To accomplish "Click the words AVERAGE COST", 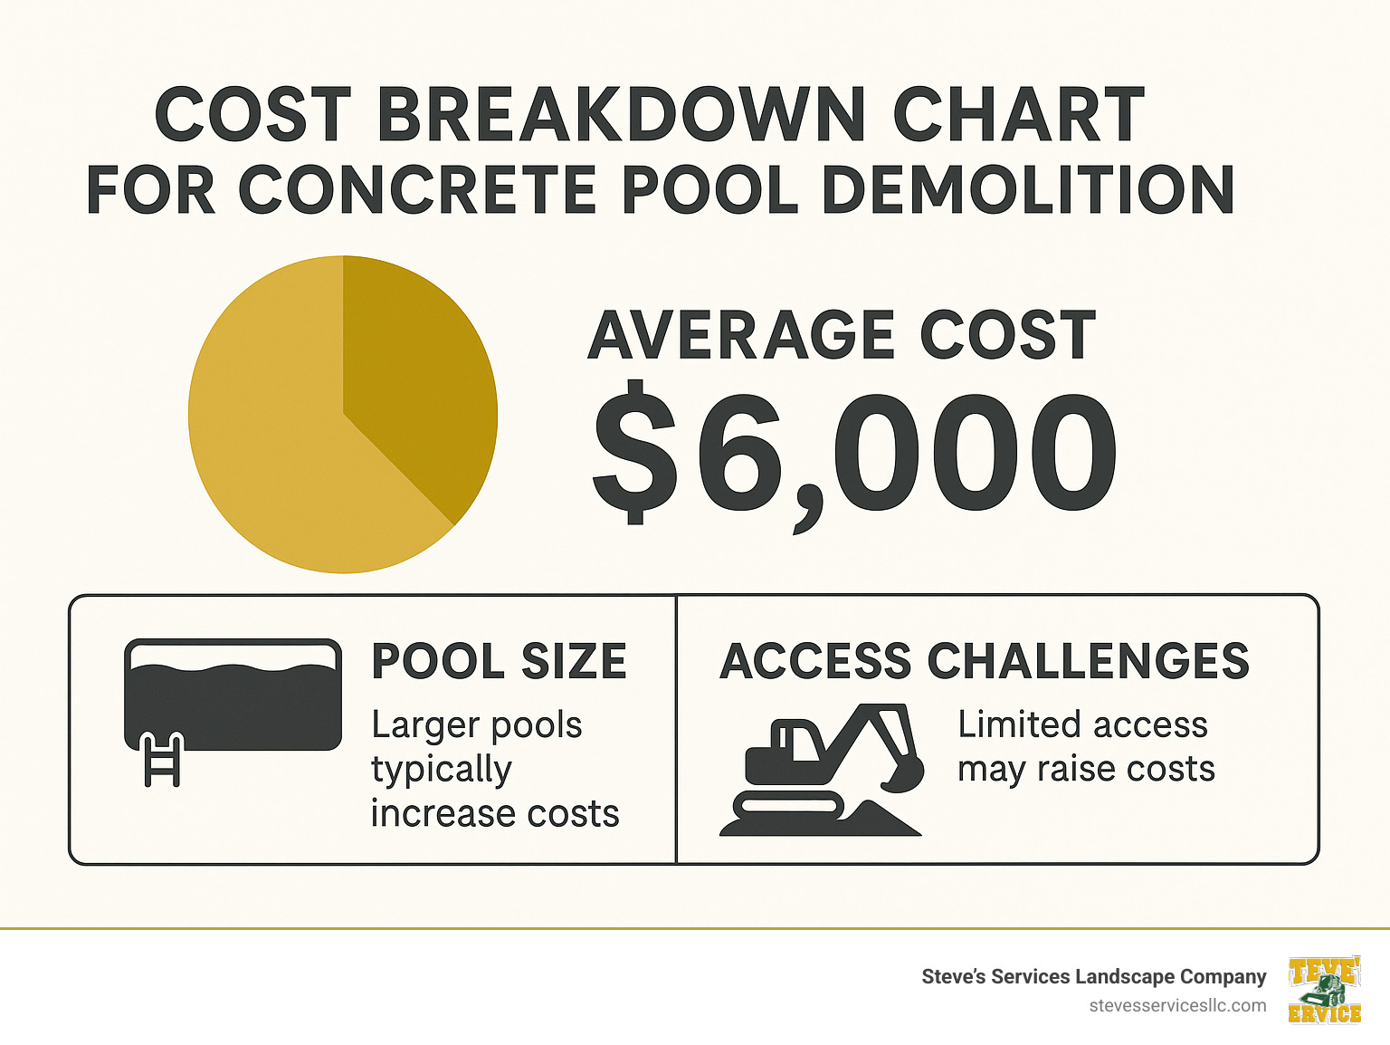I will click(x=842, y=336).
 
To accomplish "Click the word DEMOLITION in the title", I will click(x=1028, y=191).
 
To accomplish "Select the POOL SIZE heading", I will click(x=499, y=661).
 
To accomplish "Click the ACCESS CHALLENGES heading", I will click(x=985, y=661).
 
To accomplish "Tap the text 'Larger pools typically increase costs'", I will click(x=494, y=769).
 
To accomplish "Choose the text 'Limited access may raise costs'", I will click(x=1086, y=746).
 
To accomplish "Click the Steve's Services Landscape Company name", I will click(x=1093, y=976).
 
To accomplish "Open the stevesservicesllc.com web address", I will click(x=1177, y=1005).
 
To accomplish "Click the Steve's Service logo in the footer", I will click(x=1325, y=990).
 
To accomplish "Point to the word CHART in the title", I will click(x=1019, y=116).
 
